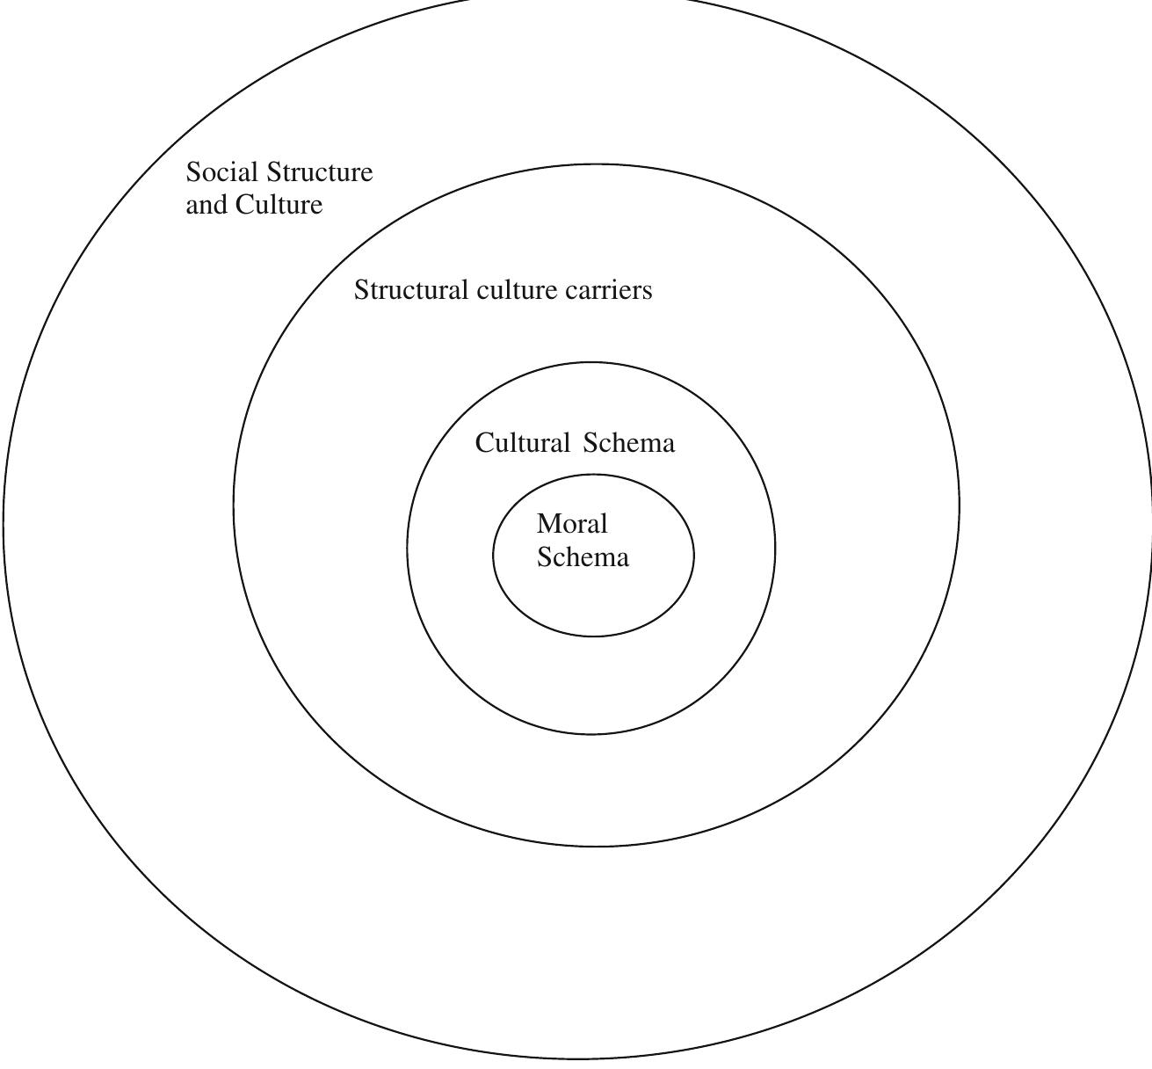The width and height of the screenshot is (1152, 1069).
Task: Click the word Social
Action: pyautogui.click(x=221, y=171)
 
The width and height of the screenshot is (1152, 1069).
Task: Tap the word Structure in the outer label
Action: pyautogui.click(x=319, y=171)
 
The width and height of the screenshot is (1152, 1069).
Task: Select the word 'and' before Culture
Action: pyautogui.click(x=206, y=205)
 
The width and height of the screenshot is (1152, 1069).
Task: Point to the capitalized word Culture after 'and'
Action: pyautogui.click(x=279, y=205)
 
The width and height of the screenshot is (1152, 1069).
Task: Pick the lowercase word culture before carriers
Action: pyautogui.click(x=517, y=289)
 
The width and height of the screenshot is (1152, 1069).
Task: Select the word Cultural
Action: pyautogui.click(x=522, y=443)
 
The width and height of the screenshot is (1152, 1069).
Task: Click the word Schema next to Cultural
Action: pyautogui.click(x=629, y=443)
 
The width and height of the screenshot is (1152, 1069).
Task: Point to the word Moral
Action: pyautogui.click(x=572, y=523)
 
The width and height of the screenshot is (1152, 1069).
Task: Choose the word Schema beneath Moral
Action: pyautogui.click(x=583, y=557)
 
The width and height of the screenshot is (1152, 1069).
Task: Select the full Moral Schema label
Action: pyautogui.click(x=583, y=541)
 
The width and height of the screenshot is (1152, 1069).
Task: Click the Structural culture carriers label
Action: pyautogui.click(x=504, y=289)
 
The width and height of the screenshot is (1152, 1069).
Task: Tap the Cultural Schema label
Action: pyautogui.click(x=575, y=443)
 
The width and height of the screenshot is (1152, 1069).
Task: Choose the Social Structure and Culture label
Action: pyautogui.click(x=279, y=189)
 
